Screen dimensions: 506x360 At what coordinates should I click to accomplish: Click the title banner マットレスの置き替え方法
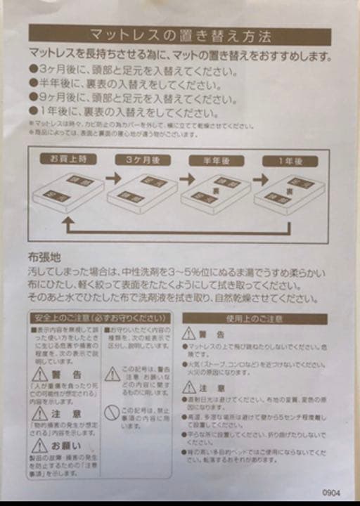pyautogui.click(x=180, y=34)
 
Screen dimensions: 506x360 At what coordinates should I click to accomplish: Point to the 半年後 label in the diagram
pyautogui.click(x=216, y=160)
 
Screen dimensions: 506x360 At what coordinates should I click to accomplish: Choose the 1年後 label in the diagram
pyautogui.click(x=290, y=160)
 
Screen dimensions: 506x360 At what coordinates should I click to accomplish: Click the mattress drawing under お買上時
pyautogui.click(x=68, y=191)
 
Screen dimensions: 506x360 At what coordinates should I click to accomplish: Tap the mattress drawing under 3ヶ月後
pyautogui.click(x=143, y=191)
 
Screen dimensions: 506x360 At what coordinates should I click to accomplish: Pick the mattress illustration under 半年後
pyautogui.click(x=216, y=191)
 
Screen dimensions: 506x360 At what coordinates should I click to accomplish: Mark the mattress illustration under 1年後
pyautogui.click(x=290, y=191)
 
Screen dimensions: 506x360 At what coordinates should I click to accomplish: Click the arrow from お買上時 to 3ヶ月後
pyautogui.click(x=111, y=179)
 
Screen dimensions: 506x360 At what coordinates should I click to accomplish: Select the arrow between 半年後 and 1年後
pyautogui.click(x=259, y=179)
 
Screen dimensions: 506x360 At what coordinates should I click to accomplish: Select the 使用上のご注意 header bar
pyautogui.click(x=255, y=318)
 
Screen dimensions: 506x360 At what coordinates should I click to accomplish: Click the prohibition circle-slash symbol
pyautogui.click(x=111, y=413)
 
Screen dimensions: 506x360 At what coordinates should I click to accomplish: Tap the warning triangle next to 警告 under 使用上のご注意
pyautogui.click(x=189, y=334)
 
